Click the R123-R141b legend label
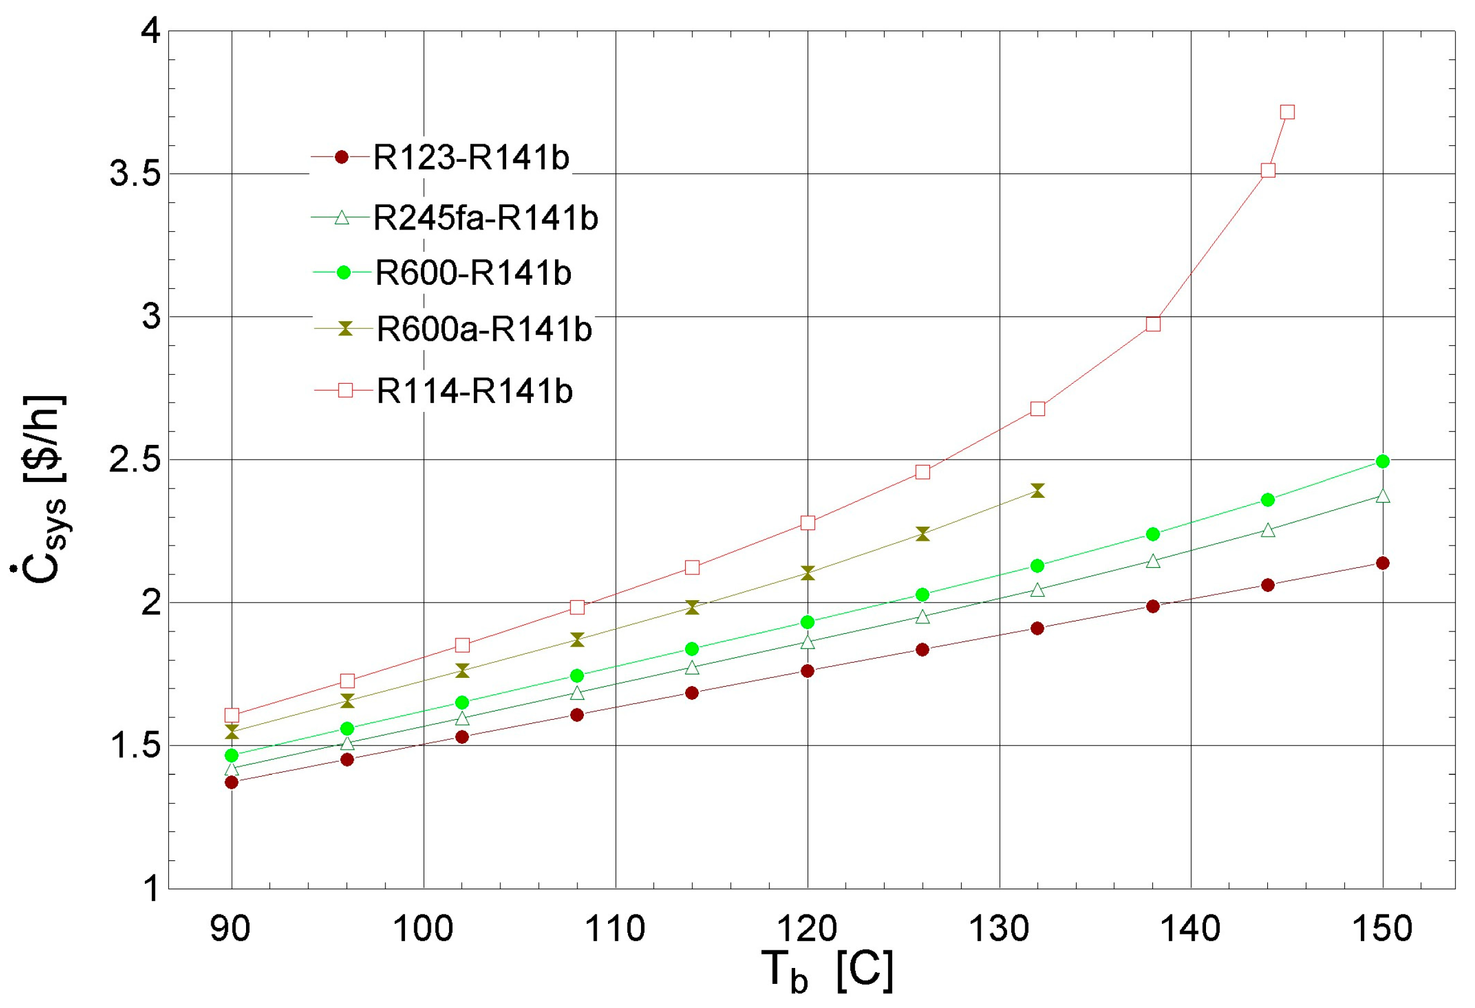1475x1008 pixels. [x=471, y=157]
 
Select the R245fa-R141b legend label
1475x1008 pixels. [x=486, y=218]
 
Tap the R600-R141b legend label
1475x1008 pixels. [x=473, y=273]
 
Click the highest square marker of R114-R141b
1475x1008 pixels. [x=1287, y=112]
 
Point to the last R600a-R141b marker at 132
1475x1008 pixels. [x=1037, y=490]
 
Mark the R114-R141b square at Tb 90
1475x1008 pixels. [x=232, y=715]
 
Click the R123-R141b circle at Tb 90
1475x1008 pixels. [x=232, y=782]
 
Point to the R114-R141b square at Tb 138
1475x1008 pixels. [x=1153, y=324]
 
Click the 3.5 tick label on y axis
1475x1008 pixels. [x=135, y=173]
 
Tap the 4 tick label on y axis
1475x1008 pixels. [x=151, y=31]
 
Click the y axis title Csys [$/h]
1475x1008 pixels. [x=41, y=488]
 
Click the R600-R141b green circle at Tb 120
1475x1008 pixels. [x=808, y=621]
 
